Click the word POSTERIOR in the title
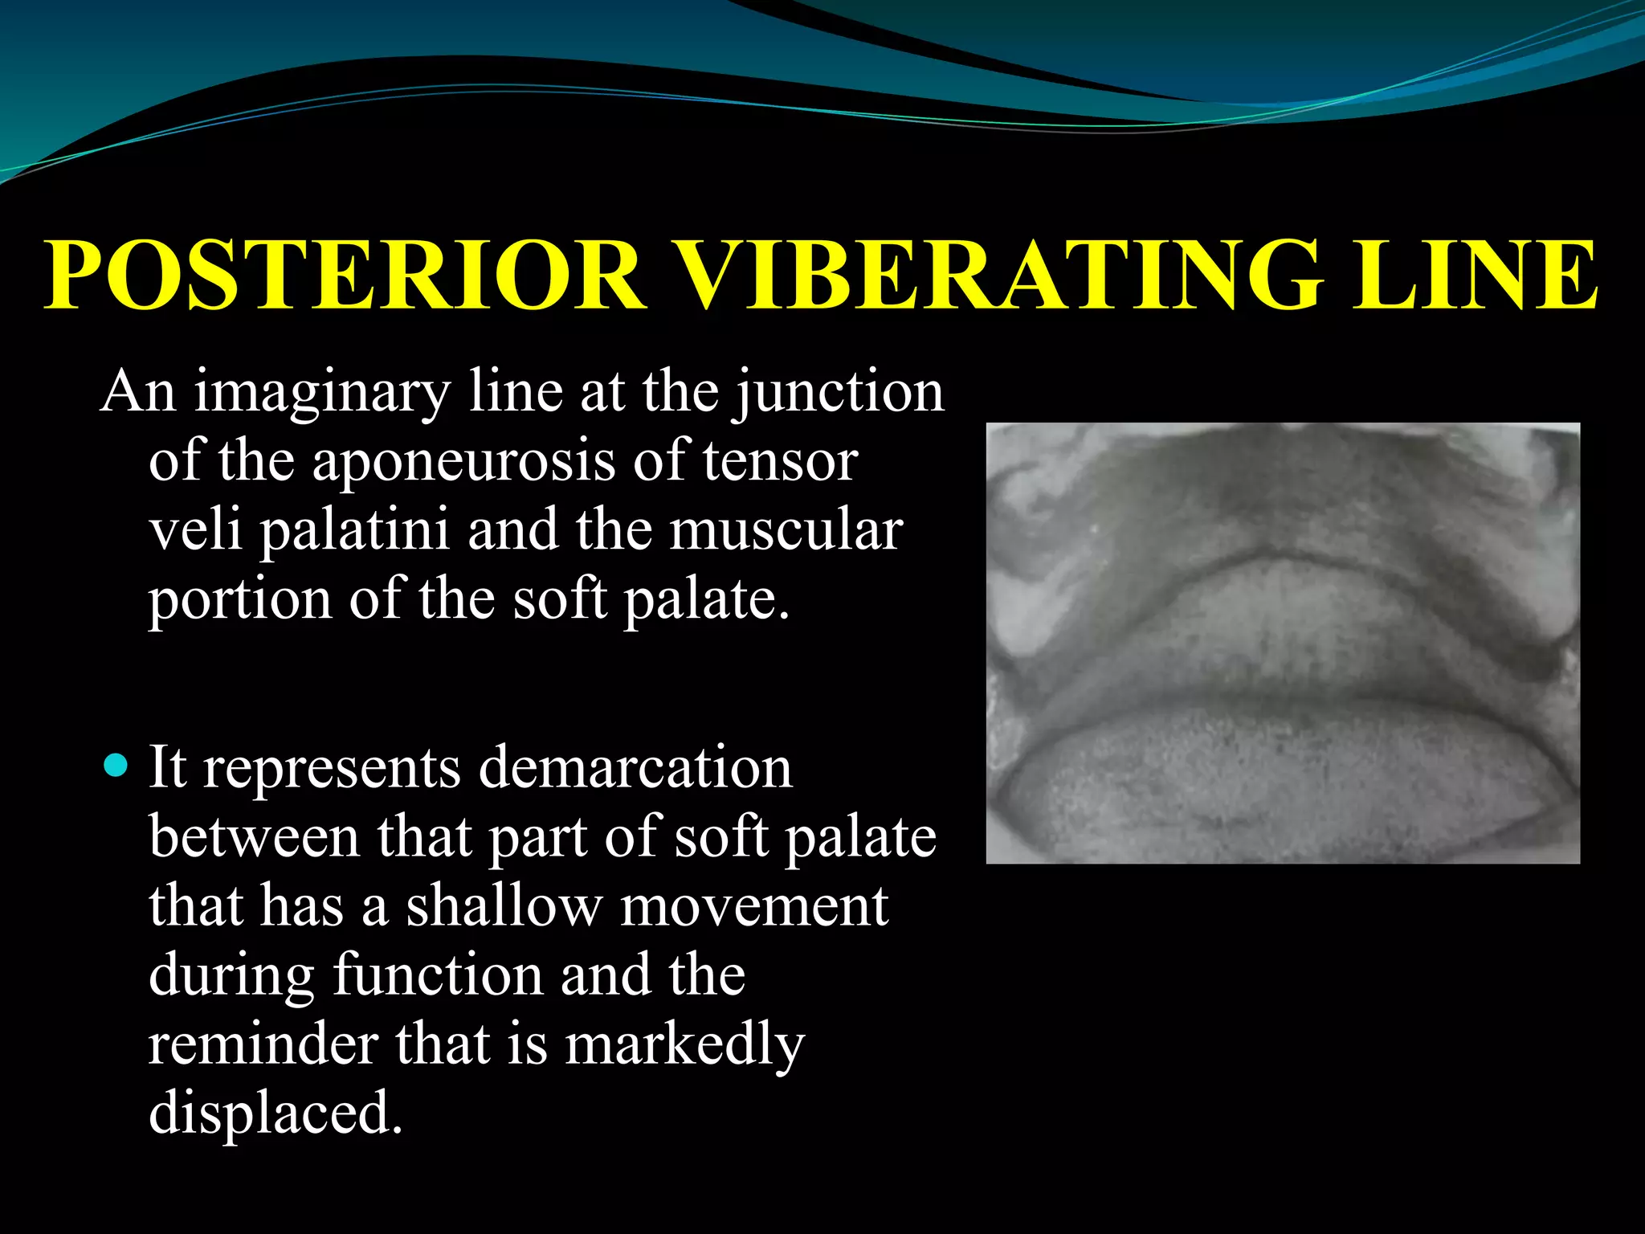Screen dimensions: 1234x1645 [345, 275]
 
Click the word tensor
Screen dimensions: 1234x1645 [780, 462]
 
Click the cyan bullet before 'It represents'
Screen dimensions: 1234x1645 [116, 764]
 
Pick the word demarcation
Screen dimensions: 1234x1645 [635, 767]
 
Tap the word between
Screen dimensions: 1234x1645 [255, 836]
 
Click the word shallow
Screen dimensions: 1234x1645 [504, 905]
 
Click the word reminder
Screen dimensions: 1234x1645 [263, 1044]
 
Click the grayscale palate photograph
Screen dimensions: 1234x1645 [1283, 644]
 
